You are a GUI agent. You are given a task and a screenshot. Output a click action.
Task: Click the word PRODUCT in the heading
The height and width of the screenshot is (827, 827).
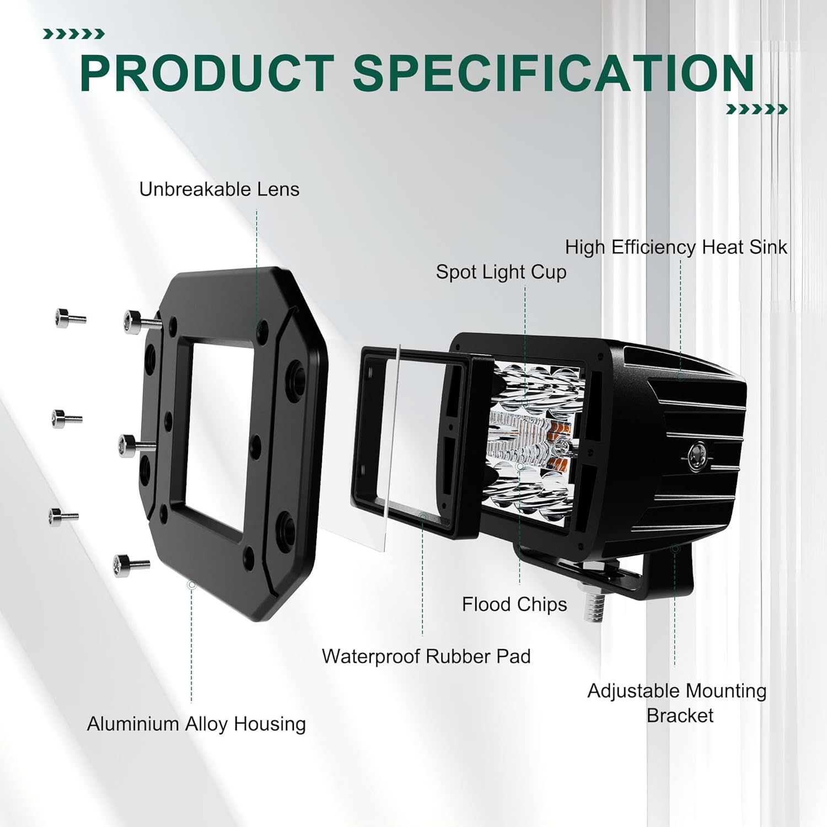tap(207, 73)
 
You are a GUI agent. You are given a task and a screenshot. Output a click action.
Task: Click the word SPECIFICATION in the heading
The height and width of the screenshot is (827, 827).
tap(554, 73)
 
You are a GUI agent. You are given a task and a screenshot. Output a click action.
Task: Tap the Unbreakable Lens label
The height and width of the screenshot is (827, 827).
tap(219, 189)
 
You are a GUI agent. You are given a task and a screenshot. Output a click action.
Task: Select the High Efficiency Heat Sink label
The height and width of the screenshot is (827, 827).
tap(676, 247)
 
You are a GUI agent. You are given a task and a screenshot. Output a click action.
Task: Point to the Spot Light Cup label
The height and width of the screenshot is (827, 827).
tap(501, 272)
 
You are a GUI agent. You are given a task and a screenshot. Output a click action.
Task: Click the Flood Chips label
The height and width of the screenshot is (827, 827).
tap(514, 604)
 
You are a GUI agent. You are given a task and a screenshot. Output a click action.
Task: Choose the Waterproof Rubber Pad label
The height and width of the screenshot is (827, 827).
tap(426, 656)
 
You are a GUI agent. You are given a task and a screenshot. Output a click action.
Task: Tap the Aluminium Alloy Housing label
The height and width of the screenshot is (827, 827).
tap(196, 723)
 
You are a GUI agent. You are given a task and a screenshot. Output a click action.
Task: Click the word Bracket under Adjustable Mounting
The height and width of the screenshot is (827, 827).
tap(680, 715)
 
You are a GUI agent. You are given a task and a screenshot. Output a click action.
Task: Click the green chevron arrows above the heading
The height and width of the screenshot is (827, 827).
tap(73, 34)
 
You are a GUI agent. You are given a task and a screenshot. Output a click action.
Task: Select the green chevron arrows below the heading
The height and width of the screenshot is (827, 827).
tap(756, 109)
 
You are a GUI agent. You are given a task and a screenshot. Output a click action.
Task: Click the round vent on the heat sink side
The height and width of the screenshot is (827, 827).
tap(696, 456)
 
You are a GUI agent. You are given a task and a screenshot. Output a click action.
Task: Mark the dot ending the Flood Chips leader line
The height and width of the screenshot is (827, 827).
tap(520, 466)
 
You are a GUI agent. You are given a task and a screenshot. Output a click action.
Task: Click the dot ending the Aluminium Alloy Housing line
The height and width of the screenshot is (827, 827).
tap(192, 585)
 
